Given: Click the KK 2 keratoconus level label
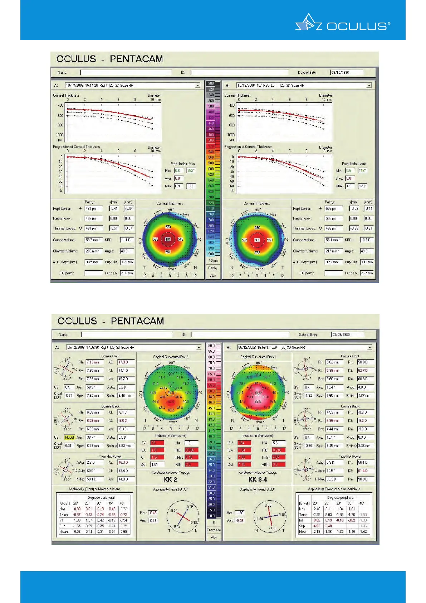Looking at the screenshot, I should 170,479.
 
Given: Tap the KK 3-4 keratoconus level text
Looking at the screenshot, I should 258,479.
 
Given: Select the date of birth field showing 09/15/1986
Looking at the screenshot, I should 346,72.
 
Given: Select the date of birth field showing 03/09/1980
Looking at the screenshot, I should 347,334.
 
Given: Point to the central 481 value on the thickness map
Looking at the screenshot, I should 168,239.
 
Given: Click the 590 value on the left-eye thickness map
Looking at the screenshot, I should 257,228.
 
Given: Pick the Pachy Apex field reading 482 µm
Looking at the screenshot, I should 94,218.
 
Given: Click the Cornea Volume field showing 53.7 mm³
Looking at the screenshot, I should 93,240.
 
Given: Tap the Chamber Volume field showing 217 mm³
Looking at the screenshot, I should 333,251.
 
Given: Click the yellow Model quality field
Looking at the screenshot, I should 69,437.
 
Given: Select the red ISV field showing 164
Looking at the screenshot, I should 244,443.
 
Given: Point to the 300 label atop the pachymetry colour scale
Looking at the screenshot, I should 211,83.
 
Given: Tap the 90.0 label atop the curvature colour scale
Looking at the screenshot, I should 211,346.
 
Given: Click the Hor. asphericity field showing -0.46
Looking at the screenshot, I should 153,513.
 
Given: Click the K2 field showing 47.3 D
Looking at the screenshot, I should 126,362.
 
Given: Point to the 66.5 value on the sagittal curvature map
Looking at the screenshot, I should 258,401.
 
